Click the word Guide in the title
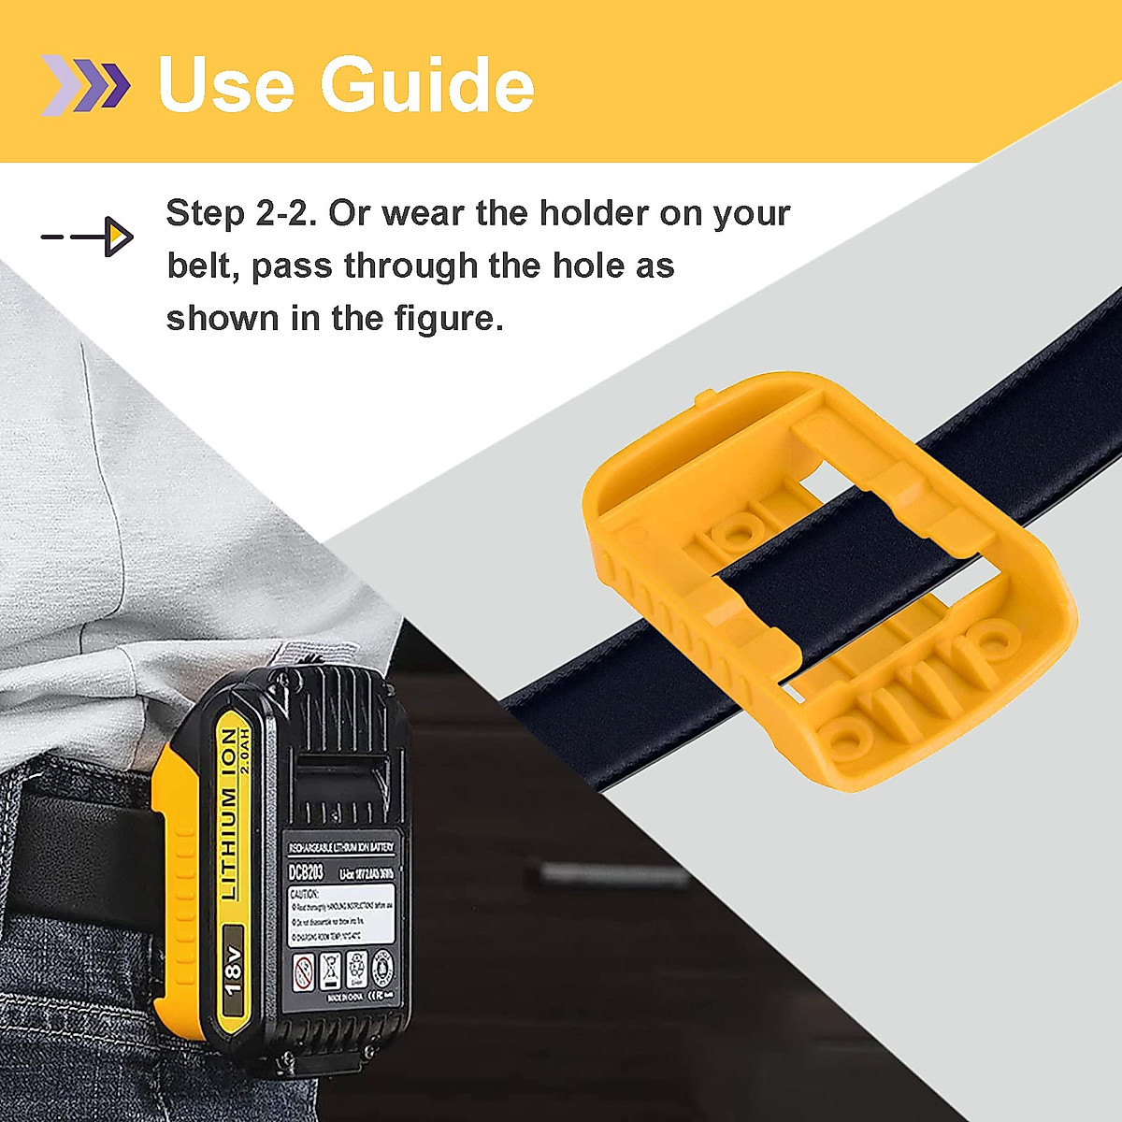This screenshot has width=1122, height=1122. tap(427, 84)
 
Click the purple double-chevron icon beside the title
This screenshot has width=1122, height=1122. tap(84, 84)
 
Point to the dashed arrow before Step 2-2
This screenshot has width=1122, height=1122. tap(88, 237)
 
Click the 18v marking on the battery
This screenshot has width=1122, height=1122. tap(234, 972)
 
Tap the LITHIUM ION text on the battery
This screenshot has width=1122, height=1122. tap(227, 813)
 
